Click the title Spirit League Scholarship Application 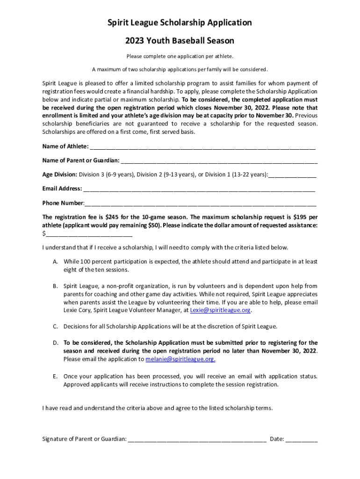pyautogui.click(x=180, y=23)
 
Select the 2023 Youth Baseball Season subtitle pyautogui.click(x=180, y=41)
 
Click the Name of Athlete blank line pyautogui.click(x=202, y=147)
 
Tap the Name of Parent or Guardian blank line pyautogui.click(x=219, y=161)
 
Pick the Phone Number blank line pyautogui.click(x=200, y=203)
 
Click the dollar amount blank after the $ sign pyautogui.click(x=89, y=233)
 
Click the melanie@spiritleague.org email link pyautogui.click(x=180, y=359)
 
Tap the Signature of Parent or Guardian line pyautogui.click(x=197, y=439)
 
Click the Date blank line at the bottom pyautogui.click(x=301, y=439)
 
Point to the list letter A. pyautogui.click(x=55, y=261)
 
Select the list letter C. pyautogui.click(x=55, y=327)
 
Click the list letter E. pyautogui.click(x=55, y=377)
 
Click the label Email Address pyautogui.click(x=62, y=189)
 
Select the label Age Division pyautogui.click(x=59, y=175)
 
